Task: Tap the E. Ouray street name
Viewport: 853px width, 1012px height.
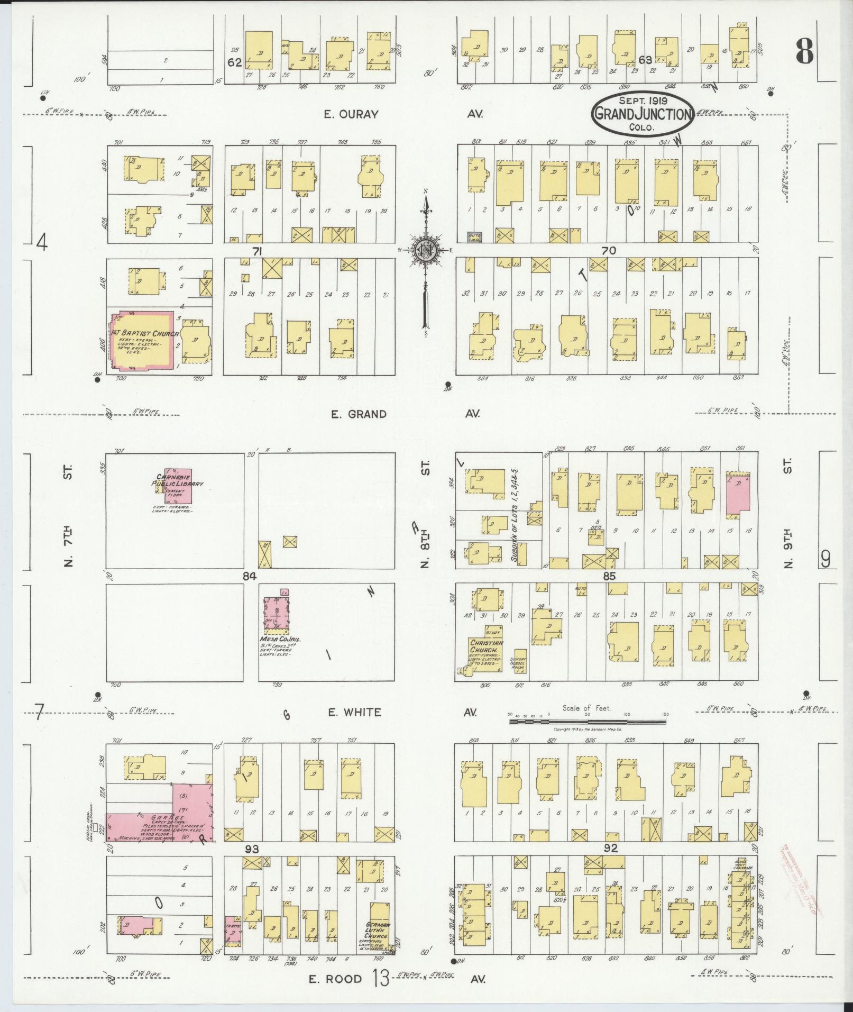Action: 351,114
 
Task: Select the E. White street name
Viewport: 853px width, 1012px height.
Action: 354,712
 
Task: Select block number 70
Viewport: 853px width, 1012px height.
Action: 608,251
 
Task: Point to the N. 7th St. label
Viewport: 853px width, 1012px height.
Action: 68,516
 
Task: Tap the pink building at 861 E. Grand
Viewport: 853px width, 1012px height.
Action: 737,491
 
